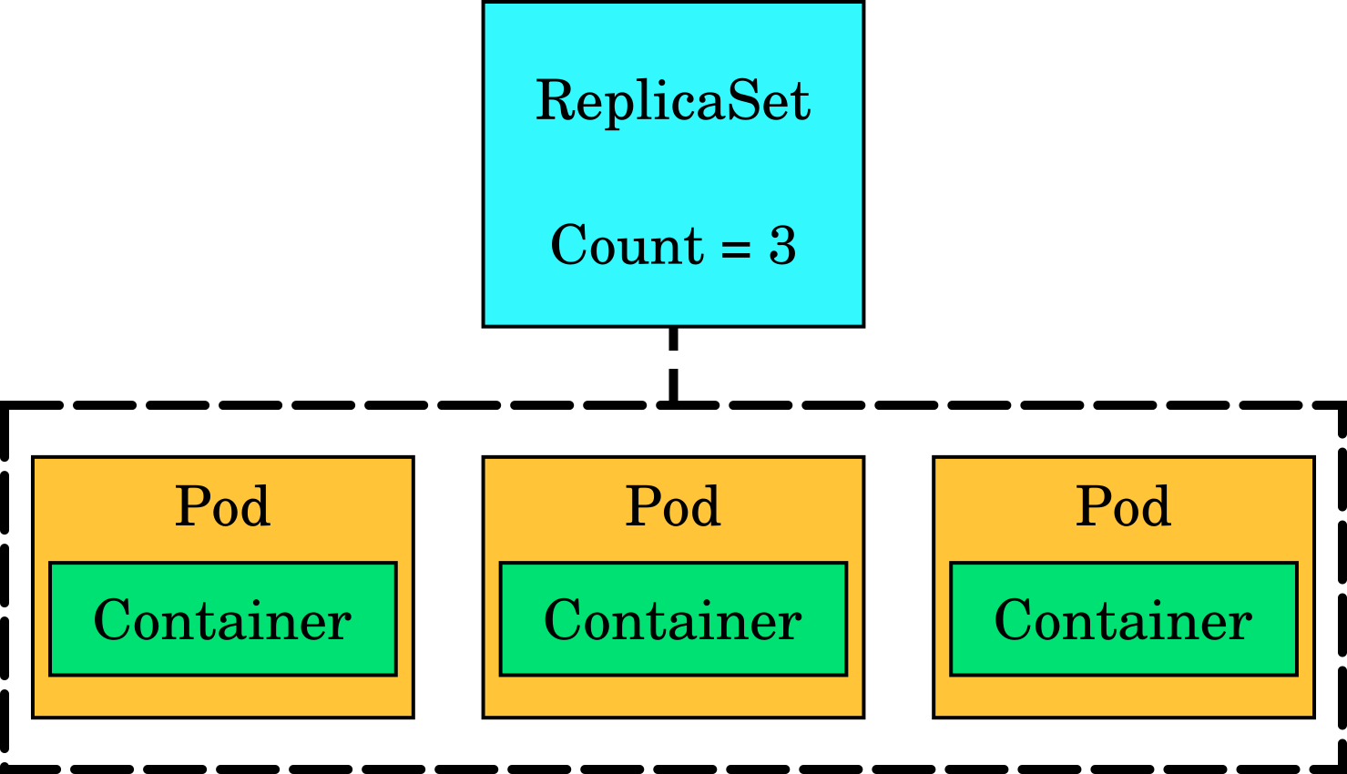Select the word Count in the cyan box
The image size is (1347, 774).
coord(627,246)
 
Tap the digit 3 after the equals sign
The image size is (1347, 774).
coord(782,246)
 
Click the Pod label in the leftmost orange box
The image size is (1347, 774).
coord(222,506)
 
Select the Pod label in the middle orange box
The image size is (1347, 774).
coord(672,506)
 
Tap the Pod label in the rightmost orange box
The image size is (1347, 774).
coord(1123,506)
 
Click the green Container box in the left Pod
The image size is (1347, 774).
coord(222,619)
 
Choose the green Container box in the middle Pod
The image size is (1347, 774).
coord(673,619)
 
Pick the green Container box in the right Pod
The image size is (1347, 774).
coord(1123,619)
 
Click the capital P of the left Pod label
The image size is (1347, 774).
coord(191,506)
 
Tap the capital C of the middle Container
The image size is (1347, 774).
coord(562,621)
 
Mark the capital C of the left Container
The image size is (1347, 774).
coord(111,621)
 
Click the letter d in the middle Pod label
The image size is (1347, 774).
coord(706,506)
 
